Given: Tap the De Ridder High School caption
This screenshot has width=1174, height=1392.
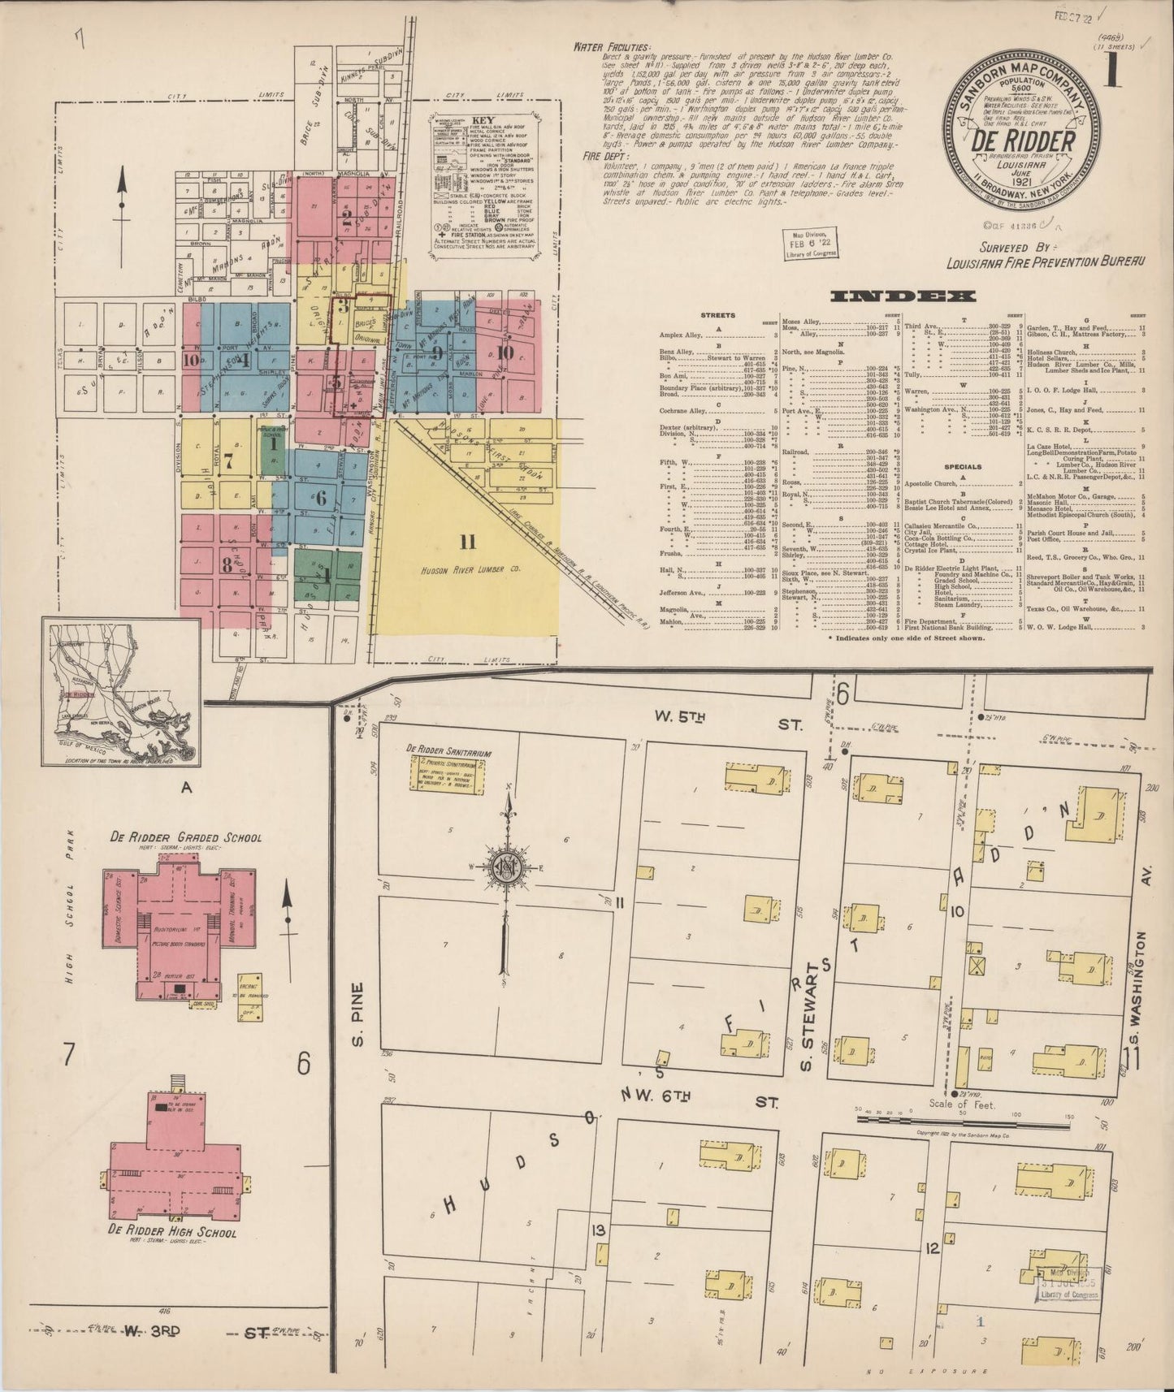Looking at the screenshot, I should [172, 1232].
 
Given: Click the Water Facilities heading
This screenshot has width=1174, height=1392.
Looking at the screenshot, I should [610, 47].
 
